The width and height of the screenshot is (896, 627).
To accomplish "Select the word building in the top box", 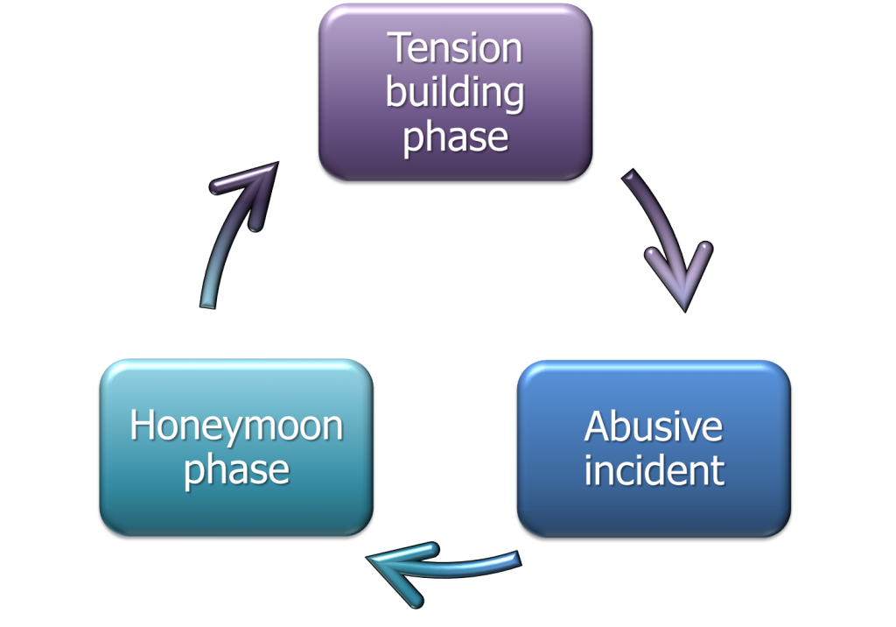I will (x=455, y=93).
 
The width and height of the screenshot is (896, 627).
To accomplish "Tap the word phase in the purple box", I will (x=455, y=137).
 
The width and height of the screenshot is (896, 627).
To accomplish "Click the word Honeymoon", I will (x=236, y=426).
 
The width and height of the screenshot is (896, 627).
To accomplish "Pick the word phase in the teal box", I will (x=236, y=470).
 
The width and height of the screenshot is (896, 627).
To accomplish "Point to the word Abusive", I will (x=653, y=426).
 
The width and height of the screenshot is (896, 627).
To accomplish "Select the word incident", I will (x=654, y=470).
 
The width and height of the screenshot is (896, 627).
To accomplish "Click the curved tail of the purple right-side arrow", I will (x=635, y=189).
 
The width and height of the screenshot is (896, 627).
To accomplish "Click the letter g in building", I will (x=512, y=96).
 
